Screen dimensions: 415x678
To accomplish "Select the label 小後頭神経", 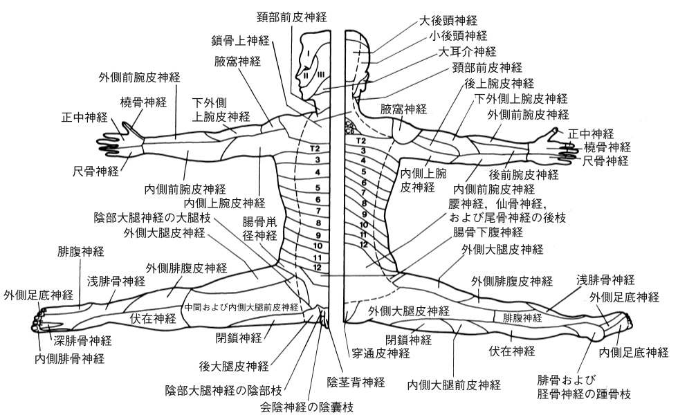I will (x=458, y=36).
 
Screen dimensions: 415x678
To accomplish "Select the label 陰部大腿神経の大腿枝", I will (x=152, y=218).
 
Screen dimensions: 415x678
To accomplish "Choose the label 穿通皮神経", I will (x=379, y=354).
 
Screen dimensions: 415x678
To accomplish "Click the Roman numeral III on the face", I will (x=320, y=75).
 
